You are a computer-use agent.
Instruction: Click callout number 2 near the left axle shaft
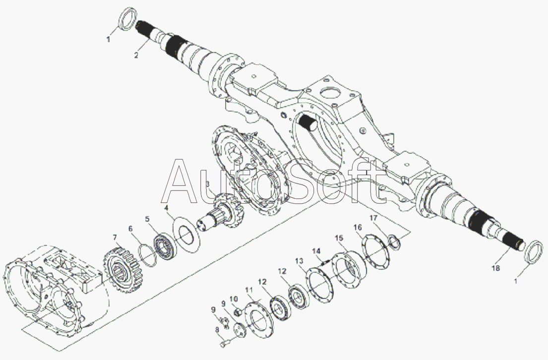click(x=136, y=55)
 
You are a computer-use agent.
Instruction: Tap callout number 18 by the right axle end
click(x=495, y=268)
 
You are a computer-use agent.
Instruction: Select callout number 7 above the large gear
click(x=114, y=238)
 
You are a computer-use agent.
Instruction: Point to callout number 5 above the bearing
click(x=147, y=219)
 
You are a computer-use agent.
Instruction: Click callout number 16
click(x=358, y=228)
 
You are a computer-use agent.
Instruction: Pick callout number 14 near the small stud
click(x=316, y=251)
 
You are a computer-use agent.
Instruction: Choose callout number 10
click(x=234, y=299)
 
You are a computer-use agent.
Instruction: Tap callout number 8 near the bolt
click(x=217, y=329)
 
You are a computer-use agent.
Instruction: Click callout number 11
click(x=248, y=290)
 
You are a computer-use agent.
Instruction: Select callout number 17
click(x=373, y=219)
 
